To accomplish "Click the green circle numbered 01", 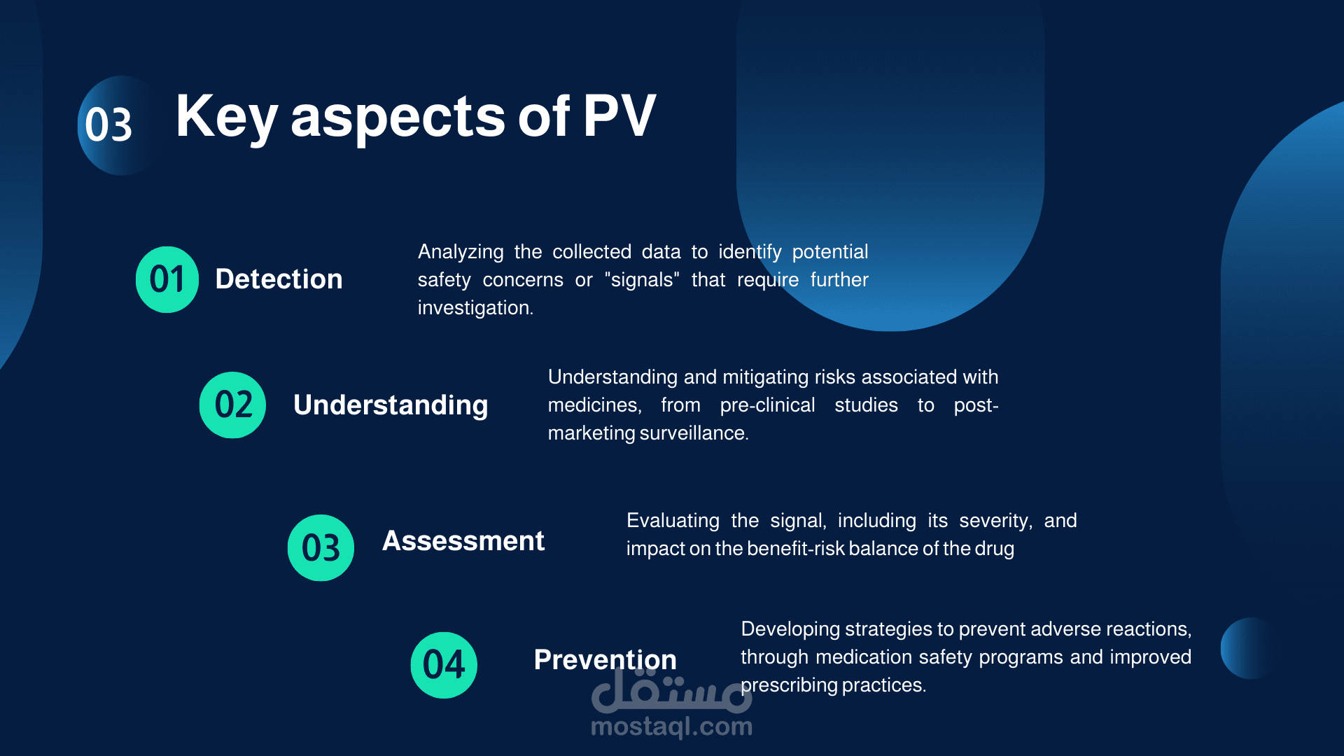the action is tap(167, 279).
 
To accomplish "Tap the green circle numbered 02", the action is tap(232, 405).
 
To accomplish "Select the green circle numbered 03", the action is tap(321, 547).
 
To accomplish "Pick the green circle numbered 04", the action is tap(444, 665).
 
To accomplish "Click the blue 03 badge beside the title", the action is tap(115, 125).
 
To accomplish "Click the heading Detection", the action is tap(279, 279).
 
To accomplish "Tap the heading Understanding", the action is tap(391, 405).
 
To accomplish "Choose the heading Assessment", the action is tap(463, 541).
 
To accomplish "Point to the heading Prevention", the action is tap(605, 660).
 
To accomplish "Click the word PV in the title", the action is tap(619, 116).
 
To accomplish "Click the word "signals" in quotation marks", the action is tap(642, 280).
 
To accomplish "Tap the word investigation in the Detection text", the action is tap(475, 308).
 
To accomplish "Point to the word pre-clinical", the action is tap(767, 405).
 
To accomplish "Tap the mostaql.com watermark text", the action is tap(672, 727).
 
